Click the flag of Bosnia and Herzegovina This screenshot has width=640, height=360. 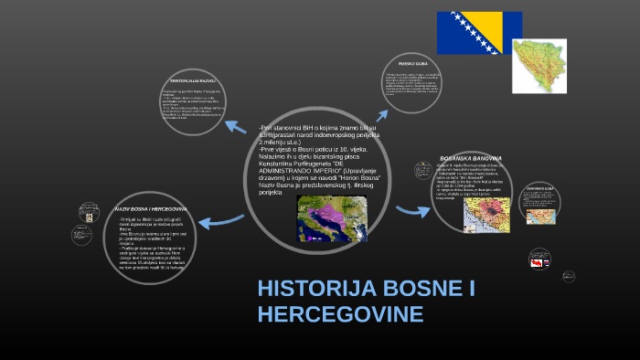click(x=479, y=33)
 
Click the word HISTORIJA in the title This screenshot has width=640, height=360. click(x=316, y=291)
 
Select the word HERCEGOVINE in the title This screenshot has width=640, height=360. click(x=341, y=315)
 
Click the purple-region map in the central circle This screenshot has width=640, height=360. click(x=331, y=219)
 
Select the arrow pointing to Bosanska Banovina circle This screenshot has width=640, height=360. click(x=413, y=211)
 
